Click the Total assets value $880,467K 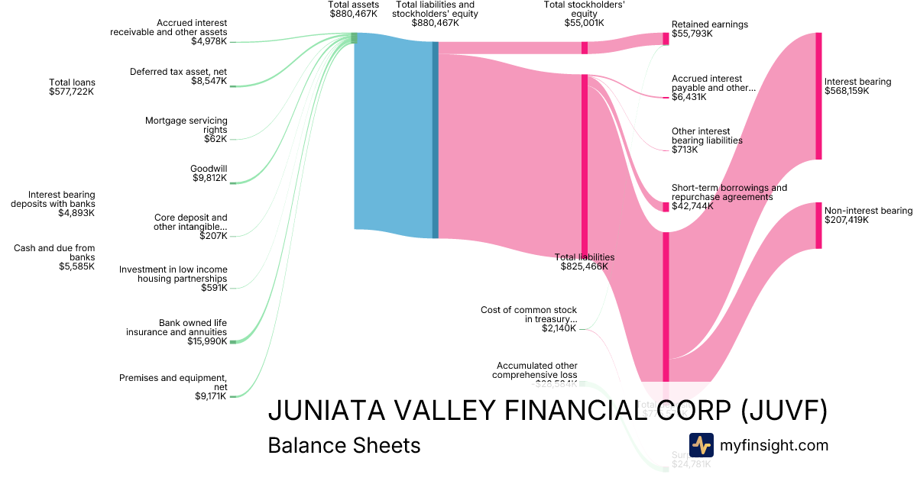[x=353, y=14]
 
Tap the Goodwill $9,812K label [x=209, y=173]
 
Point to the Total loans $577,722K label [x=72, y=87]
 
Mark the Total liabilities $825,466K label [x=585, y=262]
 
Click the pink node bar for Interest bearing [x=818, y=95]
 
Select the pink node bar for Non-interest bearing [x=818, y=225]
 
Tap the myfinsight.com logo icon [x=701, y=444]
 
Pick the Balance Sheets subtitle [x=344, y=445]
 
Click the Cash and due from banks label [x=54, y=257]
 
